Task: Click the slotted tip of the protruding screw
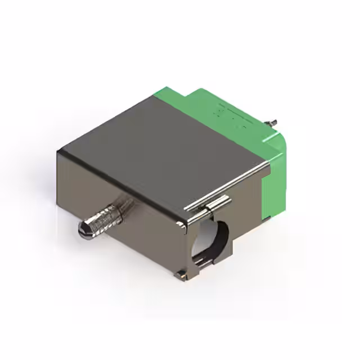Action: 82,229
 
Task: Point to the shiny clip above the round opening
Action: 217,203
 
